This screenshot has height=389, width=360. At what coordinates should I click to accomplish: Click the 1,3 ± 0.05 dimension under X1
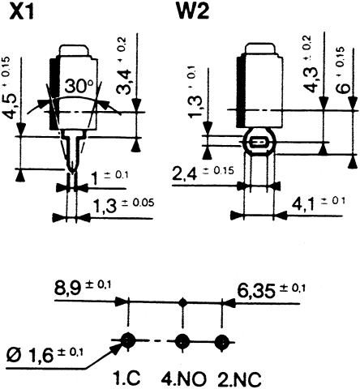[122, 207]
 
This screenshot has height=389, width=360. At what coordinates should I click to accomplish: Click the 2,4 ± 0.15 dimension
[203, 173]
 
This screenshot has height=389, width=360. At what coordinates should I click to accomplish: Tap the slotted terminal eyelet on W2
[258, 143]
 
